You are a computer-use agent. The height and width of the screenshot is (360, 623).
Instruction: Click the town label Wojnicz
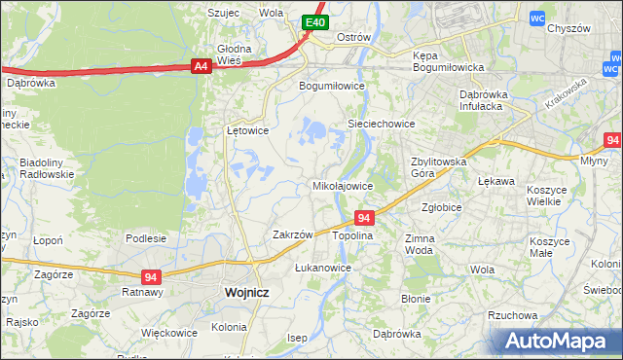246,291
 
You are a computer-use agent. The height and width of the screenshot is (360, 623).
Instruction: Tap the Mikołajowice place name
342,185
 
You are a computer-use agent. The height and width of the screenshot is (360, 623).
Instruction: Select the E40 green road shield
313,22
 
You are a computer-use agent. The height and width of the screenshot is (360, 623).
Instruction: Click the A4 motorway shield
200,66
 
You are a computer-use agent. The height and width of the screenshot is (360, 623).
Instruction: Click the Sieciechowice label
382,124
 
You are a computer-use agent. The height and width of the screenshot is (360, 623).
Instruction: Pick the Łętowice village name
246,129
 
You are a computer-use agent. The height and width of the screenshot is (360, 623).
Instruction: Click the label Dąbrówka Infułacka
492,100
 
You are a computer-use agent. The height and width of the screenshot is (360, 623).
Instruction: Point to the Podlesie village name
146,238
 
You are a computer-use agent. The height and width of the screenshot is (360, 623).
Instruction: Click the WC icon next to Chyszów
536,18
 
